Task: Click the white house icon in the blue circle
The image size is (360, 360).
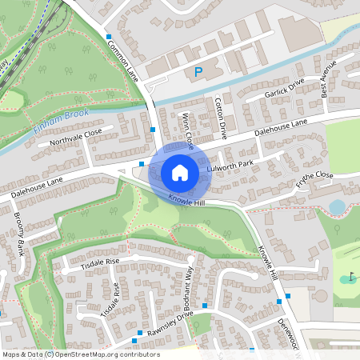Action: tap(180, 172)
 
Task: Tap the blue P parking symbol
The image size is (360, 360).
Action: tap(198, 73)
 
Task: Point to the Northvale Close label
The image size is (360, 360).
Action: tap(76, 142)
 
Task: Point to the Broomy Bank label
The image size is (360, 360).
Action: tap(17, 233)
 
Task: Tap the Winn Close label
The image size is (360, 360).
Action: tap(186, 130)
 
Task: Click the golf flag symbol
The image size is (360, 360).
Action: tap(351, 277)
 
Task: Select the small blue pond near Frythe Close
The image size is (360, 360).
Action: tap(338, 207)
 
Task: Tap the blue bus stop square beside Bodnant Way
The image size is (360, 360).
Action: tap(205, 306)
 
